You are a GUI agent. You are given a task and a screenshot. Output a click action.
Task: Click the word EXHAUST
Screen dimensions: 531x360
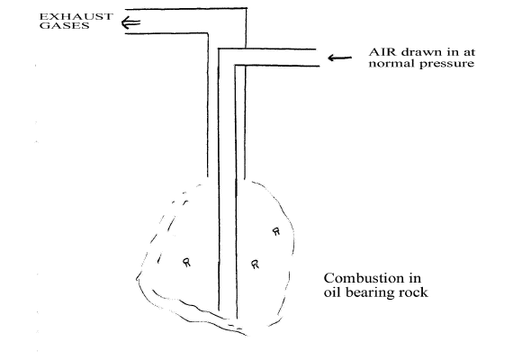76,16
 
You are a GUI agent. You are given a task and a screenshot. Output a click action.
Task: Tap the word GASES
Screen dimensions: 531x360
64,25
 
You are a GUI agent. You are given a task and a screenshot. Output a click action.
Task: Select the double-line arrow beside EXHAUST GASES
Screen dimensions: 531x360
130,23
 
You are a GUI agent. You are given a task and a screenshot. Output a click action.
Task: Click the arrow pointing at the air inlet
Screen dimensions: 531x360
339,58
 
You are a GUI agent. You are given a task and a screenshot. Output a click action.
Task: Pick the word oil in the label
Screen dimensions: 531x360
330,292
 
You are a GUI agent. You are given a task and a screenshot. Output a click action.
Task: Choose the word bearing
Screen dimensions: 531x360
365,292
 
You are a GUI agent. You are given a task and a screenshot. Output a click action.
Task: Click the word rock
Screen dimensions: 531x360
411,292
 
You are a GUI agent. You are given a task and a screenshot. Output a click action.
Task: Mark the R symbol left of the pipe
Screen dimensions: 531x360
186,262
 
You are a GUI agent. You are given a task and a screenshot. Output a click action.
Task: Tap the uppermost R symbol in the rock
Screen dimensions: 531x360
276,231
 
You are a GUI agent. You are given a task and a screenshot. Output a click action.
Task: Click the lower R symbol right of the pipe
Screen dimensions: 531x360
255,265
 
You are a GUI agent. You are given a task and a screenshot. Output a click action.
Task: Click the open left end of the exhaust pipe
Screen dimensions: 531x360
126,22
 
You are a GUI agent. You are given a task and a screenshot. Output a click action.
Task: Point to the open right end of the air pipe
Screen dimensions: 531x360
318,58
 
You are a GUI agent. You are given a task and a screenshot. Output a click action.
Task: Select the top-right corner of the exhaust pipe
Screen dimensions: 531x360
247,8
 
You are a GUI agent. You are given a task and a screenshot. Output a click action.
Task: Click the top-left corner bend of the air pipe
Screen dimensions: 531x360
219,49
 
